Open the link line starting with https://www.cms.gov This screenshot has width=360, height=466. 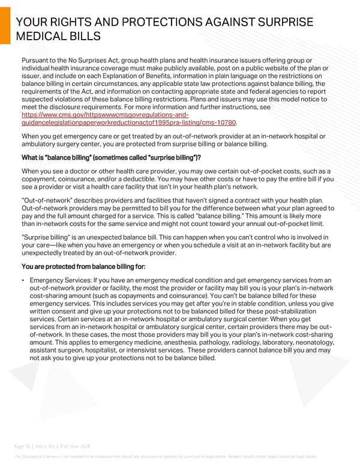(x=105, y=113)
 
